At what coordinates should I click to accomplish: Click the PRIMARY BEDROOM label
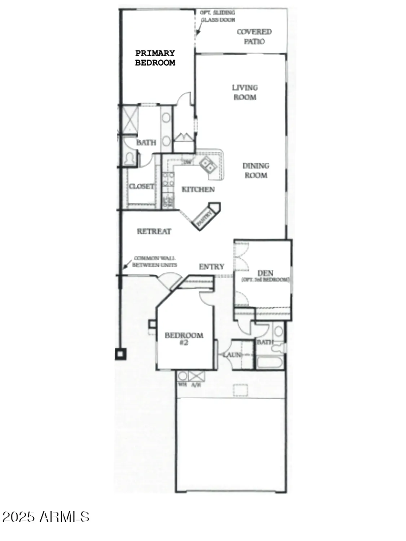click(155, 58)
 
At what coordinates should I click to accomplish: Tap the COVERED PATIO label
click(254, 36)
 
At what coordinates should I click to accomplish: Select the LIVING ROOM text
click(245, 92)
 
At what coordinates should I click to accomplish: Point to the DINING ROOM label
click(256, 171)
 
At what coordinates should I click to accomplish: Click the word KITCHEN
click(198, 189)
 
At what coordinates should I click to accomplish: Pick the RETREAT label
click(154, 231)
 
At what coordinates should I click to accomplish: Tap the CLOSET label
click(141, 186)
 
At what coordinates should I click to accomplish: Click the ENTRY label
click(211, 267)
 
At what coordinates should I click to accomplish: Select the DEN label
click(265, 273)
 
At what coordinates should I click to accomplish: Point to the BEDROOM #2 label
click(184, 338)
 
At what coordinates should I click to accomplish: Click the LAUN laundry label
click(232, 355)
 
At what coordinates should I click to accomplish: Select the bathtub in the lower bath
click(270, 362)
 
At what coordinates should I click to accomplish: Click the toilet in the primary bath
click(129, 158)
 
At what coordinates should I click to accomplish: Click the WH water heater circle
click(183, 376)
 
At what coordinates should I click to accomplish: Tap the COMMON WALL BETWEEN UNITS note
click(154, 261)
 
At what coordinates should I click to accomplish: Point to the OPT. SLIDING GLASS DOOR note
click(218, 16)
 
